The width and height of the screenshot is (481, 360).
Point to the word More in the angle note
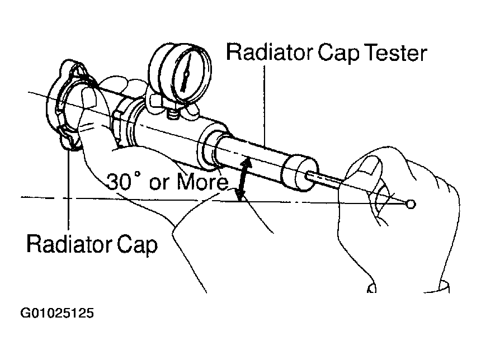point(202,182)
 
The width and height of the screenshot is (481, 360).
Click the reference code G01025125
point(57,313)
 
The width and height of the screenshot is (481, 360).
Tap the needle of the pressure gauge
point(186,72)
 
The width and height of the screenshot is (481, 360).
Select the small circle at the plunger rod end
point(411,204)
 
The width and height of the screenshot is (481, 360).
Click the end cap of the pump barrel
point(299,173)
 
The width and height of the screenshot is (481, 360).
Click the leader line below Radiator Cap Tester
point(265,106)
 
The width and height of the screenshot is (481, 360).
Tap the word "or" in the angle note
point(159,183)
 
